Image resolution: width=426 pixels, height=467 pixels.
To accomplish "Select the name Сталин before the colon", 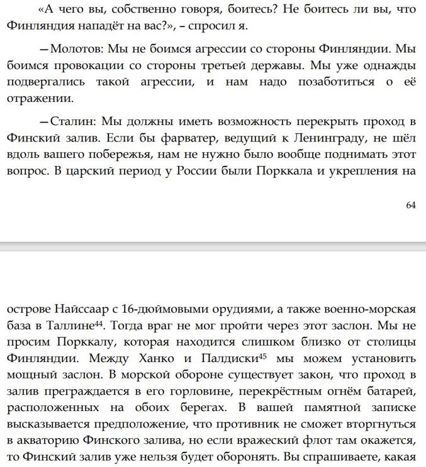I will point(71,121).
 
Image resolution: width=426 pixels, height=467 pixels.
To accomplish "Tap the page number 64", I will point(410,204).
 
